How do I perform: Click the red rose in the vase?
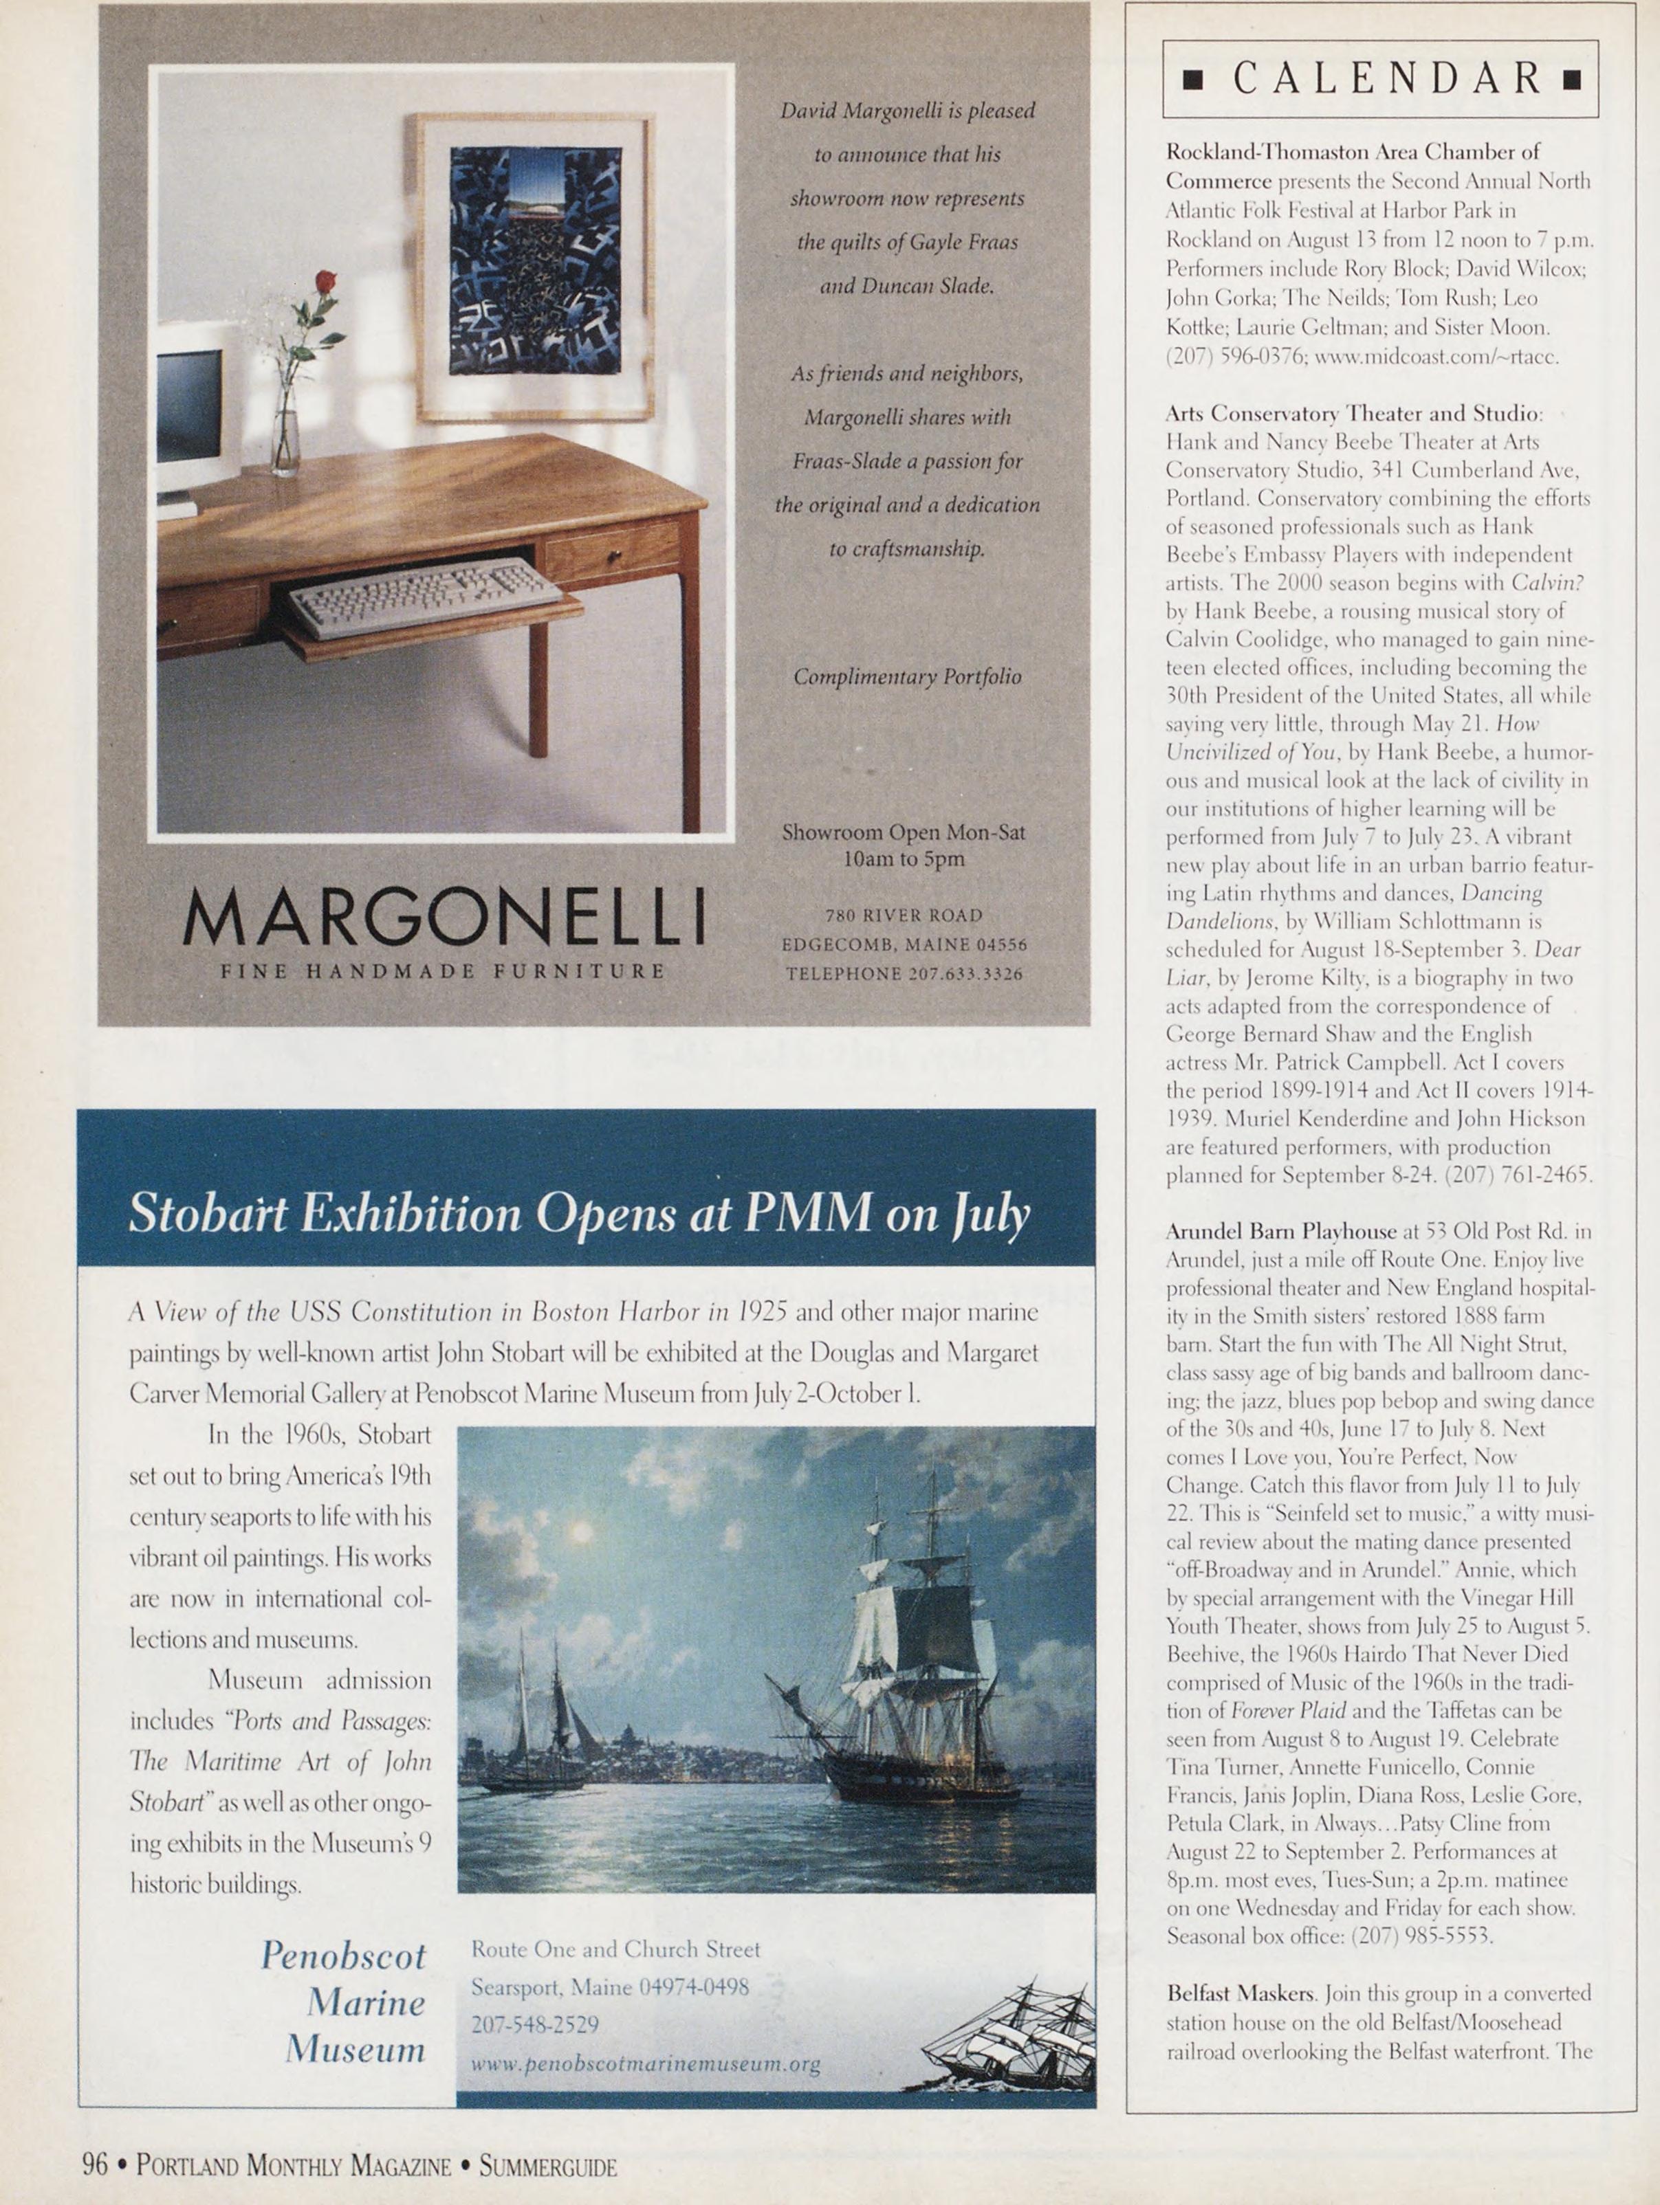coord(325,282)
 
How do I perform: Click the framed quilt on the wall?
coord(536,267)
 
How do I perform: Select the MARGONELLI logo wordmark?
coord(444,917)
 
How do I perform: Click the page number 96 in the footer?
coord(95,2165)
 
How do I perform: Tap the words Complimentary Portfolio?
coord(907,677)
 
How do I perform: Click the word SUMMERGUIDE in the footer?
coord(547,2166)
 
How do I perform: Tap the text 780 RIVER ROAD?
coord(904,915)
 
